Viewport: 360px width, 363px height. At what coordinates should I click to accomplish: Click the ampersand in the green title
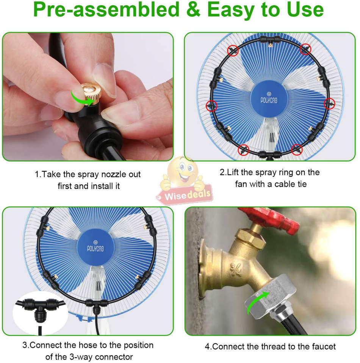(x=194, y=10)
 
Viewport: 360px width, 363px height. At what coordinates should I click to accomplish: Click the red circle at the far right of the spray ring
(x=330, y=103)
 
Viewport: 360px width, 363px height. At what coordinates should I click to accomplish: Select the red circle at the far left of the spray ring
(x=211, y=105)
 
